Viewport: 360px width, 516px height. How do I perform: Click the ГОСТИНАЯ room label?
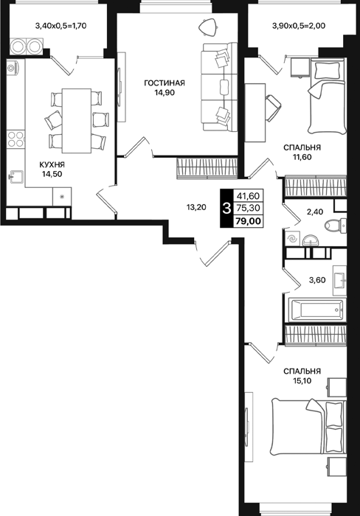[165, 83]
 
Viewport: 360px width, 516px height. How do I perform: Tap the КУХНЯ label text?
[52, 164]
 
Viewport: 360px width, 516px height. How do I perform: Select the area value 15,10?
[302, 381]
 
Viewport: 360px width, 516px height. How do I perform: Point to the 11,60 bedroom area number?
[302, 157]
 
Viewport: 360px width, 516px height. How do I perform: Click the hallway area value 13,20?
[196, 207]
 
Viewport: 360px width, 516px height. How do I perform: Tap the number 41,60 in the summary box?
[248, 196]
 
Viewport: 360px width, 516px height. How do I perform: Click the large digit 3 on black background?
[226, 209]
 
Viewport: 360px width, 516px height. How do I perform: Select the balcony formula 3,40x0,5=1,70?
[60, 25]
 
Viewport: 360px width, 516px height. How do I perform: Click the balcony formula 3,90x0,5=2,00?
[299, 25]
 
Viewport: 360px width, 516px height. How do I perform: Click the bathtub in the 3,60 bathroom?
[317, 310]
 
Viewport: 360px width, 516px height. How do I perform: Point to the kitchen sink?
[15, 177]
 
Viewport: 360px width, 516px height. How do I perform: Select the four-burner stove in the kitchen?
[15, 139]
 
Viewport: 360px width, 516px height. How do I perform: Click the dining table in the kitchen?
[77, 121]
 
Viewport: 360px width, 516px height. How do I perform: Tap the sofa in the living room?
[219, 87]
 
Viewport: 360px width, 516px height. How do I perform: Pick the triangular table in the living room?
[209, 27]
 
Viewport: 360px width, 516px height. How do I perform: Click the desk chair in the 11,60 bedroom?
[273, 108]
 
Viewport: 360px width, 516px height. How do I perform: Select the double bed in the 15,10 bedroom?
[308, 428]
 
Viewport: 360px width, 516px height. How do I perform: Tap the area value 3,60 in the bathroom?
[317, 280]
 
